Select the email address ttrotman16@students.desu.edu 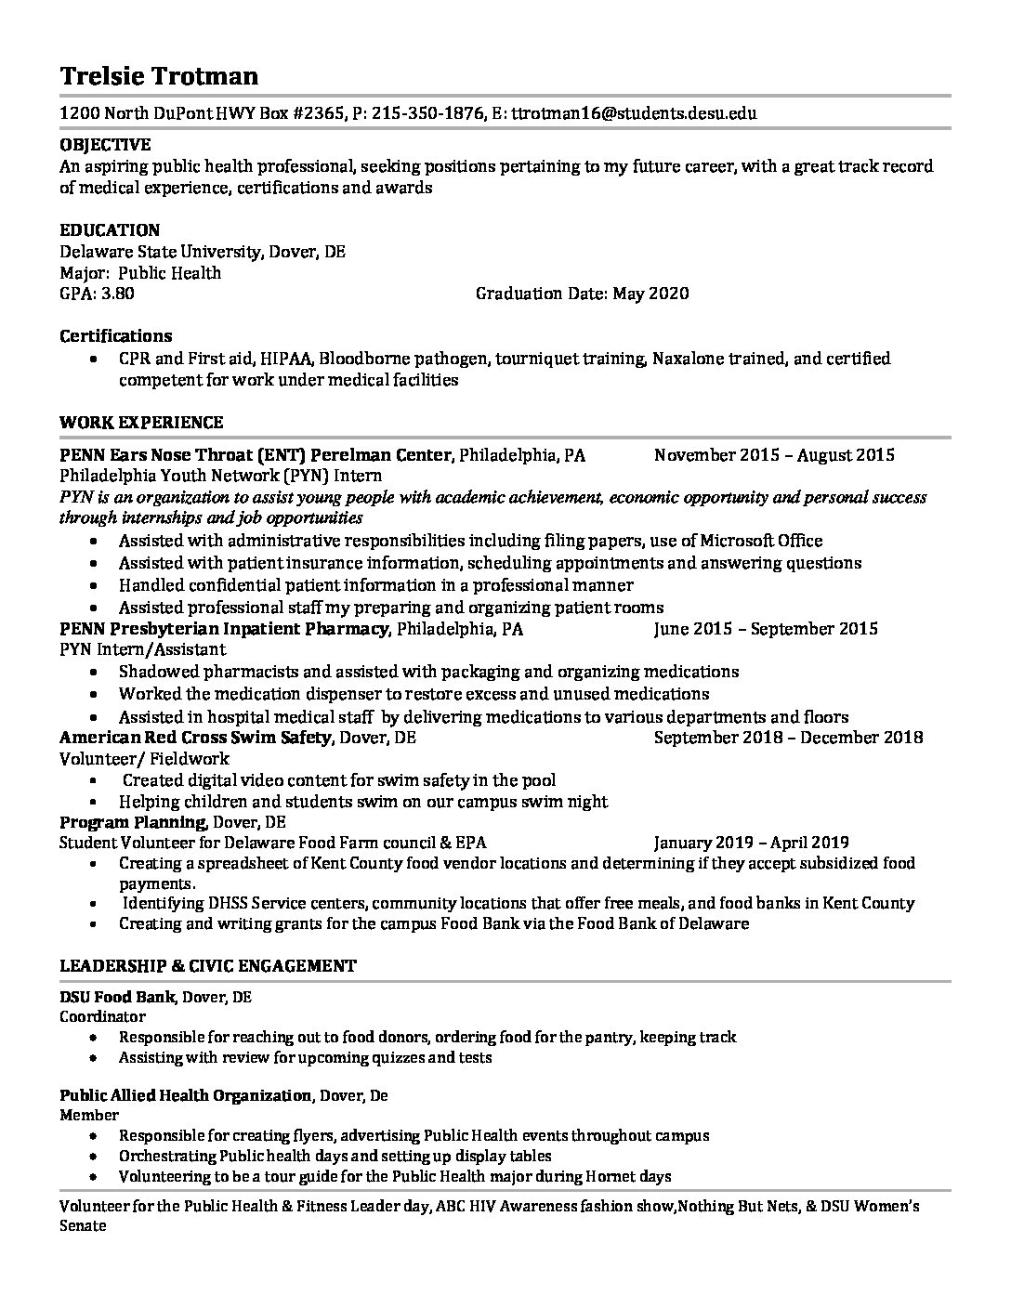coord(634,114)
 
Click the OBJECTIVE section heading coord(105,145)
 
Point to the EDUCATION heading coord(110,229)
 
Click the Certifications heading coord(116,335)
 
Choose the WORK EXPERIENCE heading coord(141,423)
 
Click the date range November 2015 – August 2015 coord(774,455)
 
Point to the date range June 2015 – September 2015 coord(766,629)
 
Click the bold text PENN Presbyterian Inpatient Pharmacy coord(224,629)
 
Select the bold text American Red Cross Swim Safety coord(195,738)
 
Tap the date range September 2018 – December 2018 coord(788,738)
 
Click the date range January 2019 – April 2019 coord(751,844)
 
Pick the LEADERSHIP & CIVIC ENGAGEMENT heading coord(207,966)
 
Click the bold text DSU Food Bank coord(117,998)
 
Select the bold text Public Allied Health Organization coord(185,1096)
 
